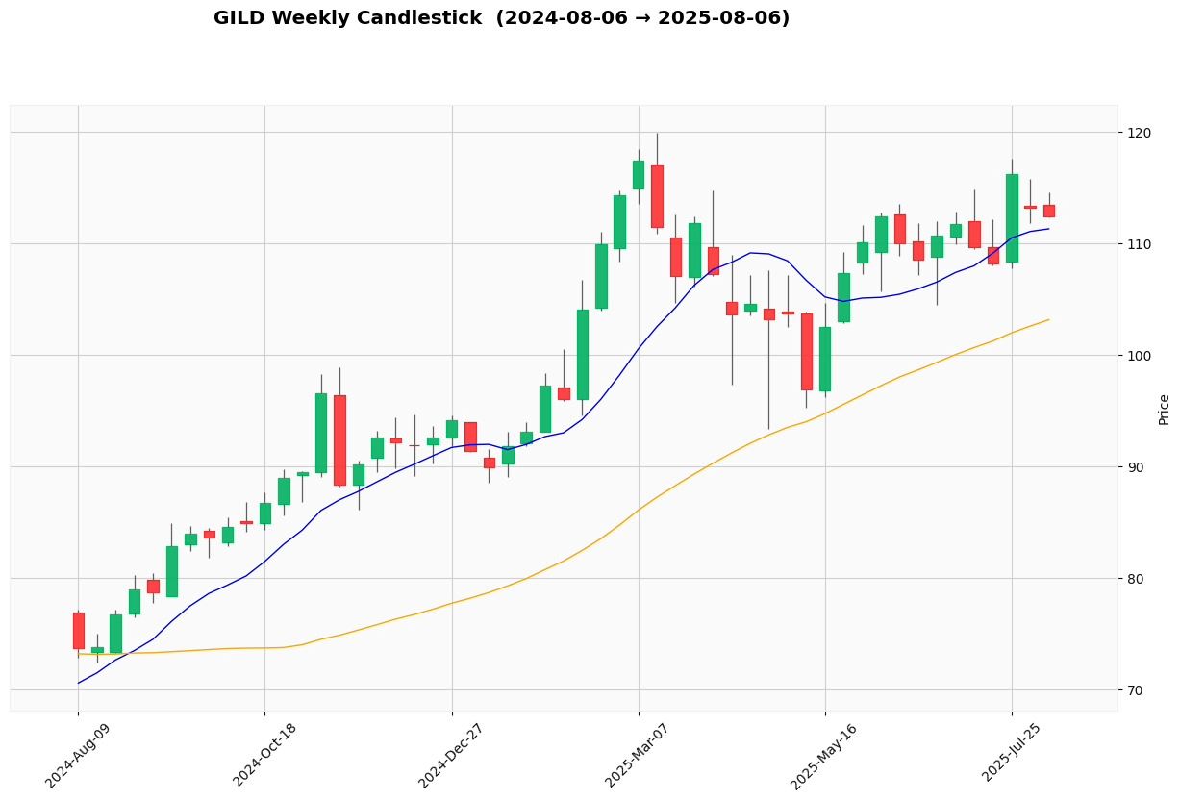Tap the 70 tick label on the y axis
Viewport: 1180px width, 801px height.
point(1138,690)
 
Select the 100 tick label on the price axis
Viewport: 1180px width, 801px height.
point(1141,356)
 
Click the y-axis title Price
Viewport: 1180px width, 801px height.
point(1165,410)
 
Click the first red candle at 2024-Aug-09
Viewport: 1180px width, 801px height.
point(78,631)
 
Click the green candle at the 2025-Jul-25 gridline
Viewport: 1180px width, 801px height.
point(1012,218)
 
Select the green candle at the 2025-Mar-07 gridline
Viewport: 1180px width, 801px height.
point(639,175)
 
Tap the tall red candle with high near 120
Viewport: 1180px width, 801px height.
point(657,196)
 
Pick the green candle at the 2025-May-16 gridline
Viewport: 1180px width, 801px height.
point(825,359)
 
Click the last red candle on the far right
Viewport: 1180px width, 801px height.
point(1049,211)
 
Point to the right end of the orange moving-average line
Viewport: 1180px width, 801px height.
point(1049,319)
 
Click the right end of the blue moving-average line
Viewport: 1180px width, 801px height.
point(1049,228)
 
